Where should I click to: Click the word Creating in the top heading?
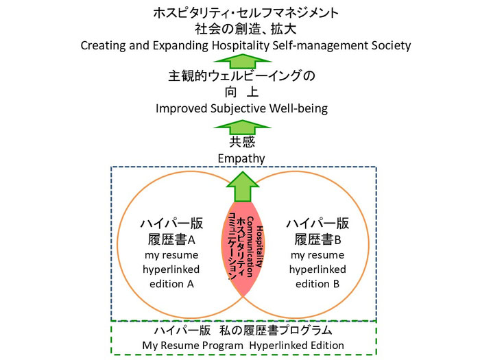(x=104, y=45)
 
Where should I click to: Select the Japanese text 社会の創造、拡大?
(x=245, y=29)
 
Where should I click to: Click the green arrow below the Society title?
(x=245, y=61)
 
